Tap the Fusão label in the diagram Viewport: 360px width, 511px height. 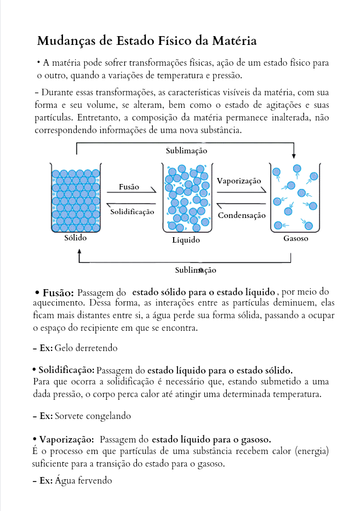(x=129, y=187)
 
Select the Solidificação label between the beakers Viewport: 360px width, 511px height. (x=132, y=212)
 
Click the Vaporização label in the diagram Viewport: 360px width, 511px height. (x=239, y=181)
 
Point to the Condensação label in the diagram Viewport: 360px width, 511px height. (x=242, y=215)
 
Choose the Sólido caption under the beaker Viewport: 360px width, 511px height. (x=76, y=238)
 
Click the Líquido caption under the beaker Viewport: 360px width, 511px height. (x=186, y=240)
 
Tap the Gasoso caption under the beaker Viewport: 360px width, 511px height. (x=296, y=238)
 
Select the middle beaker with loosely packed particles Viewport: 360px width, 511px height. (x=186, y=198)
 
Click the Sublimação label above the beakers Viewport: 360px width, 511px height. (x=186, y=151)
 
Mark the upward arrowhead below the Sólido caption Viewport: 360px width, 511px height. (x=79, y=252)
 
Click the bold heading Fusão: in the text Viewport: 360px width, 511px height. (x=58, y=293)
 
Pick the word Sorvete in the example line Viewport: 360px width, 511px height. (x=69, y=416)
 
